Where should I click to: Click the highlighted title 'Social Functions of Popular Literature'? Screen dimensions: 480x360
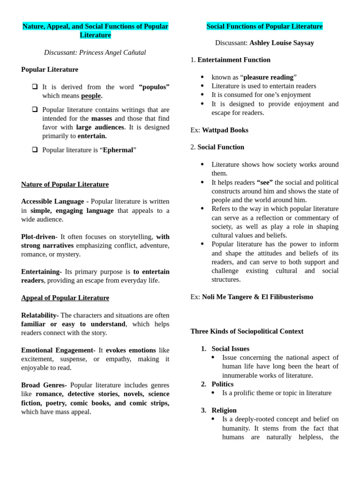[264, 26]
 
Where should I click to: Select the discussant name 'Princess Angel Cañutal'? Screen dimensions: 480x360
[112, 52]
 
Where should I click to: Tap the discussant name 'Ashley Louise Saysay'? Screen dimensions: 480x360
[281, 43]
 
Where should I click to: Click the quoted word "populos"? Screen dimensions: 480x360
[154, 87]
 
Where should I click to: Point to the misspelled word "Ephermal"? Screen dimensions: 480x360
[118, 150]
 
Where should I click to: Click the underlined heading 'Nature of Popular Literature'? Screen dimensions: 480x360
[65, 184]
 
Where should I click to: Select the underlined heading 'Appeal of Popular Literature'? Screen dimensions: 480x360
[65, 298]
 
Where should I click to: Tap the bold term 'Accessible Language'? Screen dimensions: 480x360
[52, 201]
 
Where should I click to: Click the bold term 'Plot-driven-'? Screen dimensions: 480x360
[39, 237]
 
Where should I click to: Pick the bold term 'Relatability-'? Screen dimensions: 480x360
[40, 315]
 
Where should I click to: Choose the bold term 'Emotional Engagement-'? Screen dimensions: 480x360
[58, 350]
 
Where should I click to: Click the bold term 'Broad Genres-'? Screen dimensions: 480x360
[44, 385]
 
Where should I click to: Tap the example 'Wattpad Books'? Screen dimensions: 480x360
[225, 130]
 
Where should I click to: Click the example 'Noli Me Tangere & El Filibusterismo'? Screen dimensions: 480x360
[257, 297]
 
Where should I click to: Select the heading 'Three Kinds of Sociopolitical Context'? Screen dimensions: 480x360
[247, 331]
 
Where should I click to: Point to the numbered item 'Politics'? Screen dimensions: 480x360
[222, 384]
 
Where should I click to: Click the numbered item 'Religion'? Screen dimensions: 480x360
[224, 410]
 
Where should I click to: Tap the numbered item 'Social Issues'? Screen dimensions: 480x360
[230, 349]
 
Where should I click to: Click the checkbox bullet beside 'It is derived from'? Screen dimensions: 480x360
[35, 87]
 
